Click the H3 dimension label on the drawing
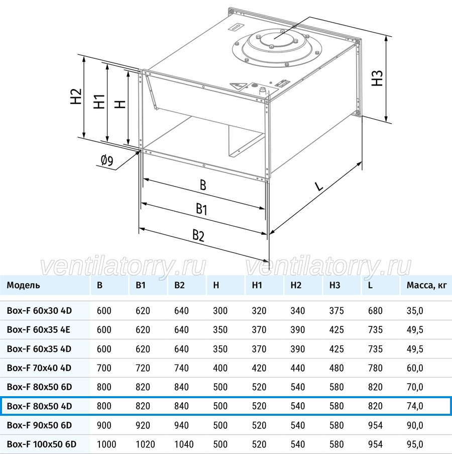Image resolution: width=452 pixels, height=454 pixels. [x=377, y=78]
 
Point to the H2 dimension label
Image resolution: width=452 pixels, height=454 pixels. [x=76, y=97]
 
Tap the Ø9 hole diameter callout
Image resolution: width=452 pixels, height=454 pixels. [x=107, y=161]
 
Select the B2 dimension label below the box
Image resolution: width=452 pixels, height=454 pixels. [x=198, y=235]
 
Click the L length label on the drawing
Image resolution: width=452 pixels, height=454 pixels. [x=318, y=186]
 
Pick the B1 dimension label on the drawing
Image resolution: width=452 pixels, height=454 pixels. [x=201, y=209]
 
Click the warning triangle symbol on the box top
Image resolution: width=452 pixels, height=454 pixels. [x=238, y=86]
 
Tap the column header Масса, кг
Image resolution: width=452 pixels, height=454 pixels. [x=426, y=285]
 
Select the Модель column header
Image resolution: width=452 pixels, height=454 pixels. [x=24, y=285]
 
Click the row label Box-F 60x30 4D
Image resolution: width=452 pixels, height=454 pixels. [x=39, y=311]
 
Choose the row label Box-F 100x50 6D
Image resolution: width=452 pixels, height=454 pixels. [x=42, y=444]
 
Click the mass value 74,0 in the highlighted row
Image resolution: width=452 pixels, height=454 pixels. [x=415, y=406]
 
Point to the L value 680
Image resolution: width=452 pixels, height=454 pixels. [x=375, y=311]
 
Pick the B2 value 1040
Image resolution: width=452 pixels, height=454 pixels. [x=184, y=444]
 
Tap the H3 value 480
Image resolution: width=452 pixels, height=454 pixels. [x=336, y=368]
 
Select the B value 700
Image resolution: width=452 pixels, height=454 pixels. [x=104, y=368]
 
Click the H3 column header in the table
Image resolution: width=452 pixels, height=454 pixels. [x=335, y=285]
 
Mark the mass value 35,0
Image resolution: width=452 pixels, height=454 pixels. [x=415, y=311]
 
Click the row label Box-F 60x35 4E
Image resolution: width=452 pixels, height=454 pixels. [x=39, y=329]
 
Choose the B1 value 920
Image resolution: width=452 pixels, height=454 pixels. [x=143, y=425]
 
